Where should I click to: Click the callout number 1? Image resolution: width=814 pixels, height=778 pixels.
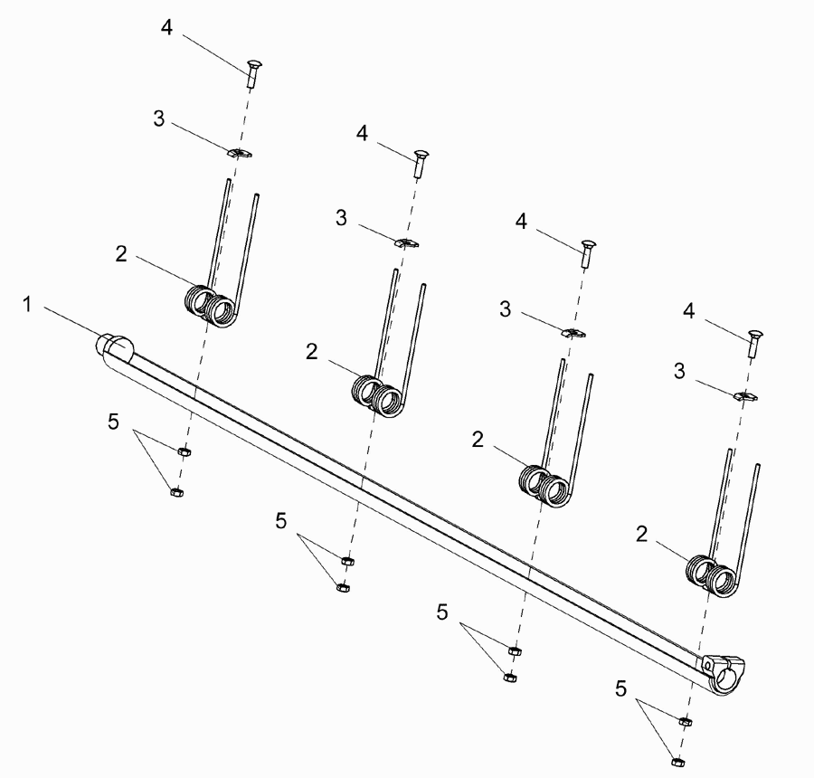point(27,304)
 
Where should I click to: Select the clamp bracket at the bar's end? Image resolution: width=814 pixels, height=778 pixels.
point(724,674)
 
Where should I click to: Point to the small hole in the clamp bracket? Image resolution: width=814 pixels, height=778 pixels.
point(707,665)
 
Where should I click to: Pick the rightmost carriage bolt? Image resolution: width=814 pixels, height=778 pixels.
point(754,343)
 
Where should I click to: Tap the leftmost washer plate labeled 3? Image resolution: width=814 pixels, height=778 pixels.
point(240,153)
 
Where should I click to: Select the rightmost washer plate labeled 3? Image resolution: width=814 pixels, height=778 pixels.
point(745,396)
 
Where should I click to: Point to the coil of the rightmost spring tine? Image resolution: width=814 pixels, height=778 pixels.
point(712,576)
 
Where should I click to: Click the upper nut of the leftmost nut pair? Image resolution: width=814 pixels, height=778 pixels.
point(184,451)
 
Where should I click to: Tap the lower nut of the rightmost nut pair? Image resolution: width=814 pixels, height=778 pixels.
point(677,762)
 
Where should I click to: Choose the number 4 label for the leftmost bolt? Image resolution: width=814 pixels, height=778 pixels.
point(166,27)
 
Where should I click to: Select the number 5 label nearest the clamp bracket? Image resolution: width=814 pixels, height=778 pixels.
point(620,688)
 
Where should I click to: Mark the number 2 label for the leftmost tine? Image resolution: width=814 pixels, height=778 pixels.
point(121,254)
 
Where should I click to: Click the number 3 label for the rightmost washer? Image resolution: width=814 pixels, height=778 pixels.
point(679,371)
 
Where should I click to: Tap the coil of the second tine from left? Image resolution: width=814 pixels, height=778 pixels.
point(377,396)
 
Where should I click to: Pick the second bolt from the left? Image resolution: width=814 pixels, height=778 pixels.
point(421,164)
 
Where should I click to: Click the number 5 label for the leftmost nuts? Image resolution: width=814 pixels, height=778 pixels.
point(113,422)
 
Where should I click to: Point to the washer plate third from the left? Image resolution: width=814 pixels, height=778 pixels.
point(573,333)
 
